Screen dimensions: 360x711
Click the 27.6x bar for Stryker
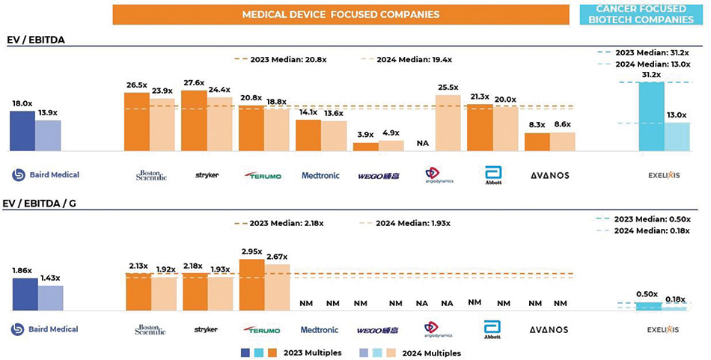click(x=194, y=121)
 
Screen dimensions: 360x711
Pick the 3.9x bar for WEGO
click(x=365, y=147)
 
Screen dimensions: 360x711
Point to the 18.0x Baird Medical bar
click(x=22, y=132)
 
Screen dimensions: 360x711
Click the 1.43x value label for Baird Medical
click(x=51, y=277)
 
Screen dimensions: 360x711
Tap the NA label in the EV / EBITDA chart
click(x=422, y=143)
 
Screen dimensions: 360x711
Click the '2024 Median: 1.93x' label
click(x=406, y=223)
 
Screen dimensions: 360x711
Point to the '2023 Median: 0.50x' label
click(x=659, y=218)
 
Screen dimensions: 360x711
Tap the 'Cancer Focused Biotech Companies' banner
click(x=644, y=14)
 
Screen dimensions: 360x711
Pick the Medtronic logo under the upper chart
click(x=320, y=175)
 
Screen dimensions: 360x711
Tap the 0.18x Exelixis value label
click(x=676, y=299)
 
